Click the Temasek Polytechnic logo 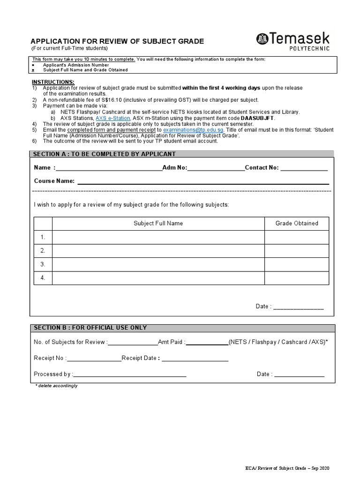[x=292, y=41]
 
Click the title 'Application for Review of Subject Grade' [x=117, y=41]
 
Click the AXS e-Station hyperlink [x=112, y=118]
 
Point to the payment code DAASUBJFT [x=257, y=118]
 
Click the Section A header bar [x=182, y=154]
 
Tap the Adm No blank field [x=216, y=168]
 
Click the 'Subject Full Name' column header [x=158, y=224]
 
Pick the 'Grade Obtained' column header [x=296, y=224]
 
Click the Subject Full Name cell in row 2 [x=158, y=251]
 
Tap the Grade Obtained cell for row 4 [x=296, y=278]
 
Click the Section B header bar [x=182, y=328]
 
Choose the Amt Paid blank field [x=207, y=343]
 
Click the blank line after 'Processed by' [x=130, y=375]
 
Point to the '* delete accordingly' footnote [x=56, y=386]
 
